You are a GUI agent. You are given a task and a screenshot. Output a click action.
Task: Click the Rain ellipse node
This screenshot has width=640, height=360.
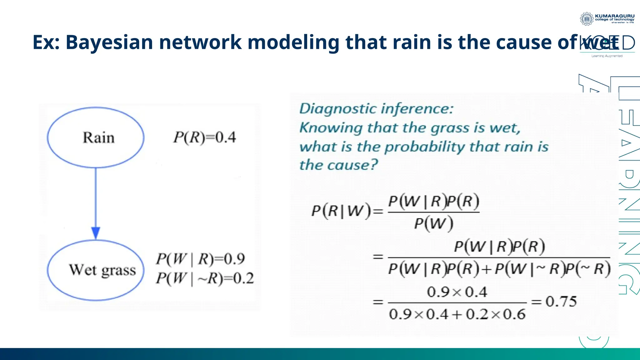coord(96,137)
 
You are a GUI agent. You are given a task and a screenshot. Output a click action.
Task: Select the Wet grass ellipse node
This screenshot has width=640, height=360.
coord(96,270)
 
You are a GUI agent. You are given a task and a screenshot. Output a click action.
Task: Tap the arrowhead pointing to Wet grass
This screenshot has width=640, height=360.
coord(96,233)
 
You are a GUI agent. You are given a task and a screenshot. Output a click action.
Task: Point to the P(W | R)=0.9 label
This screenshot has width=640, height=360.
coord(200,259)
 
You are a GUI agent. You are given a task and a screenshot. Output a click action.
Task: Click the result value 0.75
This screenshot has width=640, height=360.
coord(561,302)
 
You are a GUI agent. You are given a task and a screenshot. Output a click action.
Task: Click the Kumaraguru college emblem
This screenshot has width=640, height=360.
coord(587,19)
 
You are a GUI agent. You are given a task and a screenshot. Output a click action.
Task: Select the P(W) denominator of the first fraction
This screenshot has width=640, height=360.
coord(434,223)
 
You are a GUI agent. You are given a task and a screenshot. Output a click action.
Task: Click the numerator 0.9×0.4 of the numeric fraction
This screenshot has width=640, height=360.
coord(457,292)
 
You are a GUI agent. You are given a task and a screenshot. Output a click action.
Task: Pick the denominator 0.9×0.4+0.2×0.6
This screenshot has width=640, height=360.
coord(457,314)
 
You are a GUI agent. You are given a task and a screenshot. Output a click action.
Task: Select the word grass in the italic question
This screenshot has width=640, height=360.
coord(450,128)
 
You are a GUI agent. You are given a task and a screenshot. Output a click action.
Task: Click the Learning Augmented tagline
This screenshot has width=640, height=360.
coord(607,56)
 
